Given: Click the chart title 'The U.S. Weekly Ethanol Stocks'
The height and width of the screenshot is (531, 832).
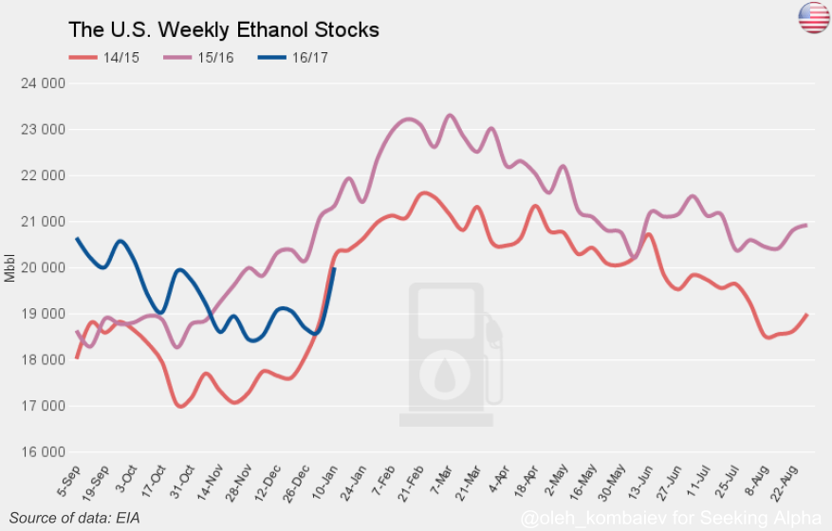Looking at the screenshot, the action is [x=223, y=29].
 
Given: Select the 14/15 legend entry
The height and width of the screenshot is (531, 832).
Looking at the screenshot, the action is [x=104, y=57].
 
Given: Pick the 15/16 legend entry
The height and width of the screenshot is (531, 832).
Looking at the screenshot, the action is [x=198, y=57].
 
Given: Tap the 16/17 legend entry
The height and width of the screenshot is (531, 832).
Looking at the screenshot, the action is [x=293, y=57].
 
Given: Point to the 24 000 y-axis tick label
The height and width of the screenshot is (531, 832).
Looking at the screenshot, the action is [x=43, y=83].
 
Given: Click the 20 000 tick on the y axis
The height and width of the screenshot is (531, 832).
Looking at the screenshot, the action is [x=43, y=267].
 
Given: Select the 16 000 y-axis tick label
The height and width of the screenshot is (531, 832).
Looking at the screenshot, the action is [x=43, y=452].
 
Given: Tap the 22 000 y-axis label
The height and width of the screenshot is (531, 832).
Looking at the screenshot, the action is [x=43, y=175].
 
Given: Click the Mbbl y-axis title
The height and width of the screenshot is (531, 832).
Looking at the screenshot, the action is [x=9, y=268].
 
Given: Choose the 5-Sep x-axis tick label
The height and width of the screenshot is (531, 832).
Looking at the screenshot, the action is [x=69, y=481].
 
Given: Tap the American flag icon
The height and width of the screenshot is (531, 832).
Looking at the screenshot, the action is [x=814, y=17].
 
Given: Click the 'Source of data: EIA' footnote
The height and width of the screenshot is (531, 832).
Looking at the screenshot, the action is [x=74, y=518].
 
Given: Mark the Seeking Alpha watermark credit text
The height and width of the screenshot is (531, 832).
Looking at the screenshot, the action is [x=672, y=517].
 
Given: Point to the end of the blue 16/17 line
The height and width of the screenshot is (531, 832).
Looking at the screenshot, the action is [x=334, y=268].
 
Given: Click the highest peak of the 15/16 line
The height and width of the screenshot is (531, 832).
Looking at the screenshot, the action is [x=450, y=115].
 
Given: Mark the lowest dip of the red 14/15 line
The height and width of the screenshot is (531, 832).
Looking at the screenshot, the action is [x=180, y=407].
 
